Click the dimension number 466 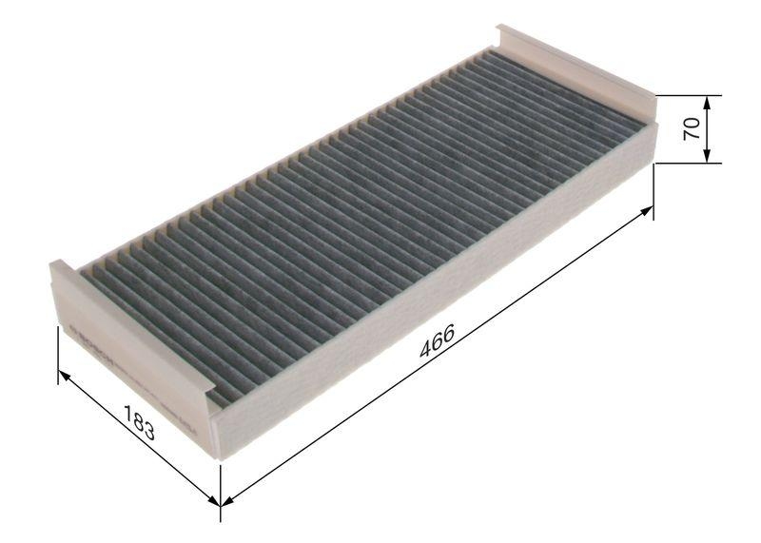pos(437,343)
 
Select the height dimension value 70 pos(693,129)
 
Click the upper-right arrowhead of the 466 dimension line pos(648,211)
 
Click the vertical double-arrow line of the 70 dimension pos(709,129)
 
